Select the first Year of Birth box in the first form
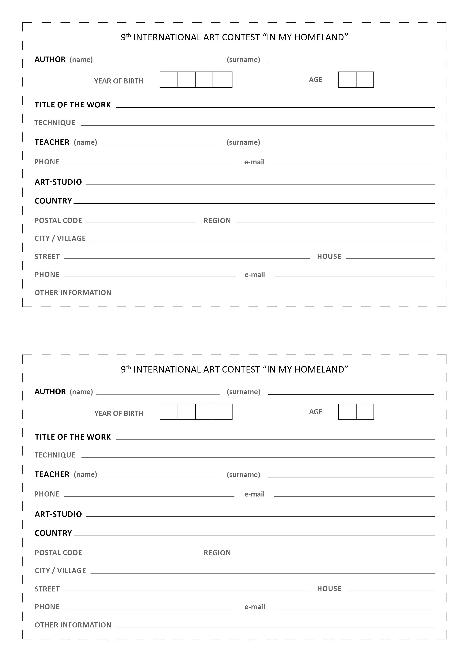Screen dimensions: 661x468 [169, 80]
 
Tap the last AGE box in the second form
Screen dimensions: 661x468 [365, 412]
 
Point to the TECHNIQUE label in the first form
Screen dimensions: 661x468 [55, 123]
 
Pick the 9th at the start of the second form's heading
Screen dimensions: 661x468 [126, 369]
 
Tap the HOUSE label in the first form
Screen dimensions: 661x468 [329, 256]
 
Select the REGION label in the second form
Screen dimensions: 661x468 [217, 553]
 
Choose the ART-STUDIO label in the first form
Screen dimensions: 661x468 [58, 182]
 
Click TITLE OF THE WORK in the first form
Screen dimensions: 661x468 [73, 105]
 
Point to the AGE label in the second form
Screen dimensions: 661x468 [316, 412]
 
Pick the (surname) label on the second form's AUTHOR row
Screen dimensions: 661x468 [243, 392]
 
